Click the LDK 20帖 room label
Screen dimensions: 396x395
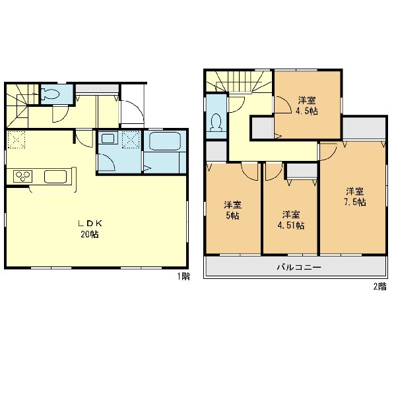[x=90, y=229]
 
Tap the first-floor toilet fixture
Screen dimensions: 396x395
[x=50, y=94]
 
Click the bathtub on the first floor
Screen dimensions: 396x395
[x=164, y=141]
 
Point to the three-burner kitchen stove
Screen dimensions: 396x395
[x=23, y=175]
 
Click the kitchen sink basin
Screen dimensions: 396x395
[x=55, y=176]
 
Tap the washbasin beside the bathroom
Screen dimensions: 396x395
[x=108, y=138]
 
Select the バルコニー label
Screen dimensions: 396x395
[x=299, y=267]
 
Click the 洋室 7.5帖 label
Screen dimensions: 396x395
[x=355, y=197]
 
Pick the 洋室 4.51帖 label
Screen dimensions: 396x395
[x=291, y=220]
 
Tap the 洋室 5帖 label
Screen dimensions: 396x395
[x=232, y=210]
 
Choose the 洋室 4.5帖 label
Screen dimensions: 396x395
[x=307, y=106]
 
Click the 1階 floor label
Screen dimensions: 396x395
[x=183, y=276]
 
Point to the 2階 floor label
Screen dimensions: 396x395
[x=380, y=287]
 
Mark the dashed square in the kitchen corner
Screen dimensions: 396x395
[x=16, y=139]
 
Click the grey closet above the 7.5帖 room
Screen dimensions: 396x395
[x=364, y=127]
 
